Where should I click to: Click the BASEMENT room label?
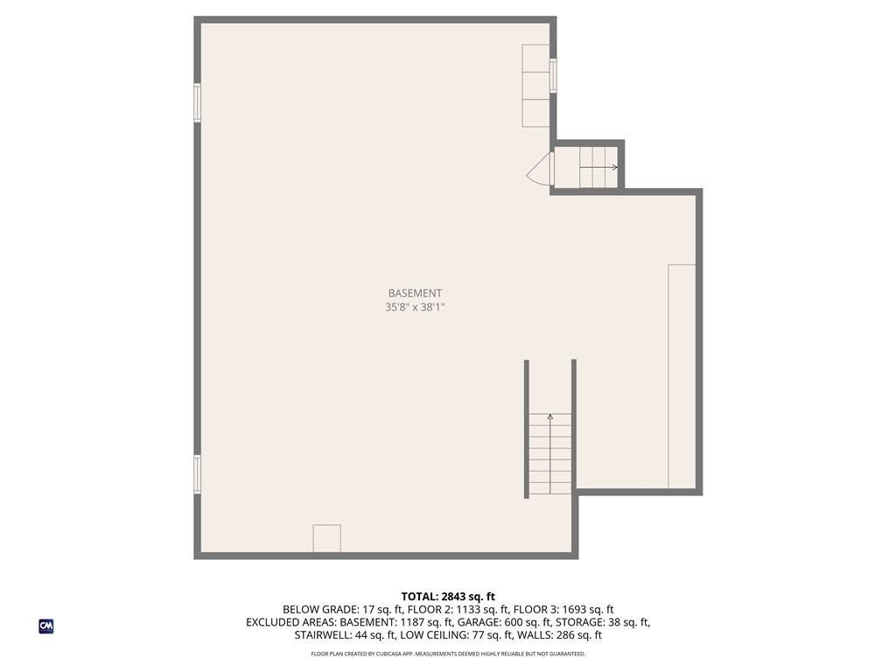416,293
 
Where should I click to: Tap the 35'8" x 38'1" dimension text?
416,308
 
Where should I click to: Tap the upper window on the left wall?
197,102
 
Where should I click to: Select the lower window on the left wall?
197,474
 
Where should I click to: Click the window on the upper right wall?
553,75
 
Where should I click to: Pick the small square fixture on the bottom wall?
327,538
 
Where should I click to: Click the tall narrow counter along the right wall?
682,376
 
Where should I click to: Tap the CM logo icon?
46,626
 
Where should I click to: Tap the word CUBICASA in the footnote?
389,654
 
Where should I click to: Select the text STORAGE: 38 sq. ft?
603,623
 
